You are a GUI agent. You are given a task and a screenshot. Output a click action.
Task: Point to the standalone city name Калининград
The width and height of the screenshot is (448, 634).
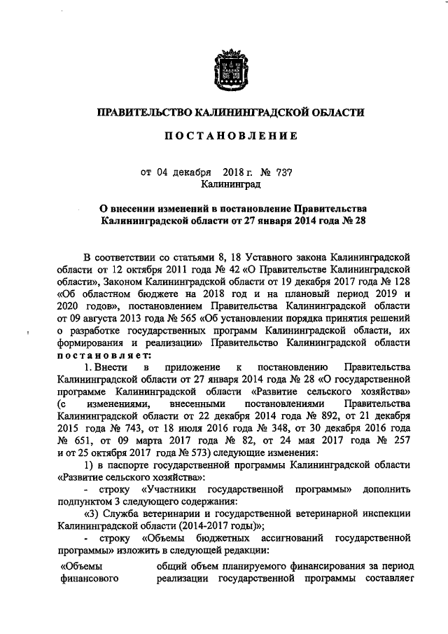[x=230, y=184]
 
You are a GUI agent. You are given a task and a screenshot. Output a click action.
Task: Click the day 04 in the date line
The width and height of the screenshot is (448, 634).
[x=162, y=172]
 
